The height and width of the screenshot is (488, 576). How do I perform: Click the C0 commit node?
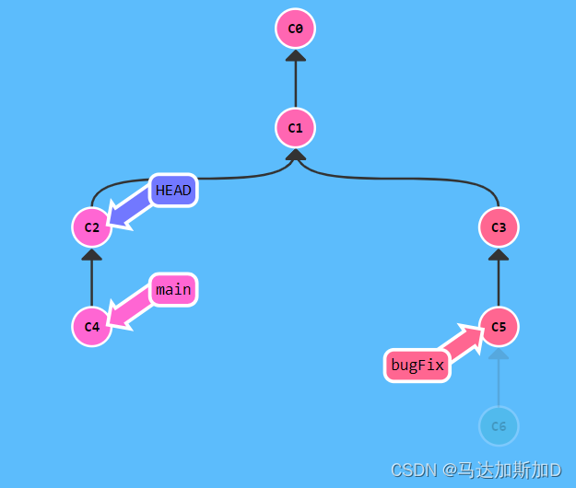pyautogui.click(x=295, y=29)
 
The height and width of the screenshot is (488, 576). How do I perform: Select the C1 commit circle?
pyautogui.click(x=295, y=128)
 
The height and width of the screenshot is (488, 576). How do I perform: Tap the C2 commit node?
pyautogui.click(x=91, y=227)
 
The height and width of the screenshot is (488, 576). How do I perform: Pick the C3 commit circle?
pyautogui.click(x=499, y=227)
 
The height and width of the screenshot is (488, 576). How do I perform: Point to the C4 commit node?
pyautogui.click(x=91, y=327)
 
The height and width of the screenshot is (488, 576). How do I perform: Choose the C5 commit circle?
pyautogui.click(x=499, y=327)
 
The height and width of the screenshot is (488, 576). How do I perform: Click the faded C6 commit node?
pyautogui.click(x=499, y=426)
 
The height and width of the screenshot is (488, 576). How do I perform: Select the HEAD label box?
pyautogui.click(x=173, y=191)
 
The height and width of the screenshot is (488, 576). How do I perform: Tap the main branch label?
pyautogui.click(x=173, y=290)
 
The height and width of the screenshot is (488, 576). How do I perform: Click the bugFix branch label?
pyautogui.click(x=417, y=366)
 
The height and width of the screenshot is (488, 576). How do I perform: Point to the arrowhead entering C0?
pyautogui.click(x=295, y=55)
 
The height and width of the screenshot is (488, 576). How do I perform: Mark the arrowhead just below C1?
pyautogui.click(x=295, y=155)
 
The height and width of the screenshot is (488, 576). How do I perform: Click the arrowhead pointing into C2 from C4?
pyautogui.click(x=91, y=254)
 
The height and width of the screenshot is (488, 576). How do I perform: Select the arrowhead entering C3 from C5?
pyautogui.click(x=499, y=254)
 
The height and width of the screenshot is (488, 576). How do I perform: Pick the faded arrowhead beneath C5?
pyautogui.click(x=499, y=354)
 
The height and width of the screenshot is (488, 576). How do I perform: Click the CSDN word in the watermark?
pyautogui.click(x=413, y=470)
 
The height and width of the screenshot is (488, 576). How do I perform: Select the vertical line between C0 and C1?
pyautogui.click(x=295, y=83)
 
